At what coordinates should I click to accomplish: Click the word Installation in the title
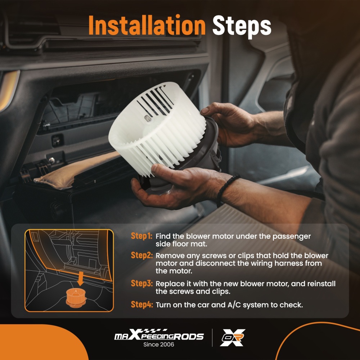[147, 25]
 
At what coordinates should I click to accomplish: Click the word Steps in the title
[242, 26]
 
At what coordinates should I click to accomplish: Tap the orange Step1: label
[141, 236]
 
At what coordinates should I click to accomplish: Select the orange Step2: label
[141, 255]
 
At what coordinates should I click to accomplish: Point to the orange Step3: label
[141, 283]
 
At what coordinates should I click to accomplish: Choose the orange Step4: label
[141, 305]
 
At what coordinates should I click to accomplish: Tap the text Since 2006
[159, 345]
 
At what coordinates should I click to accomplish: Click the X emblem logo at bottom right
[233, 337]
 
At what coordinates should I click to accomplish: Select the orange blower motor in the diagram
[76, 298]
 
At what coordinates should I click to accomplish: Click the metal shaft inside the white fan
[147, 118]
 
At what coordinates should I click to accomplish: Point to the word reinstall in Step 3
[321, 284]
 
